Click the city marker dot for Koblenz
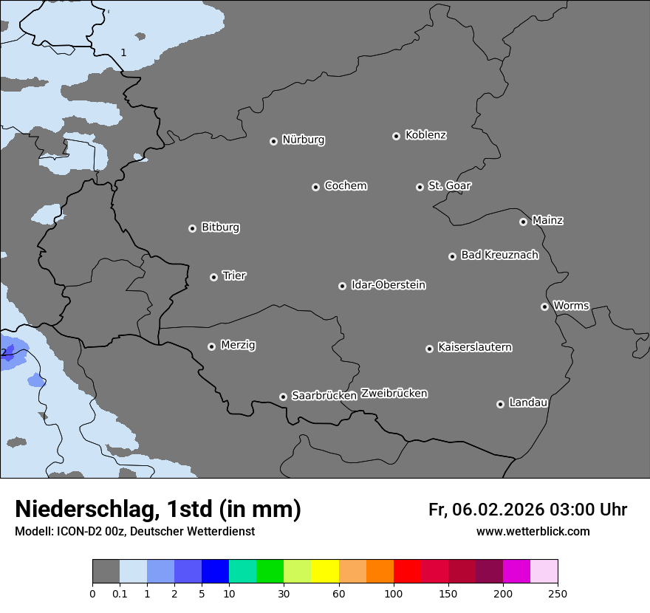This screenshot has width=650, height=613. coord(396,136)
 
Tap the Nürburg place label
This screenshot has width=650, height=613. coord(304,140)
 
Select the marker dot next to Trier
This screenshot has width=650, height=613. coord(213,277)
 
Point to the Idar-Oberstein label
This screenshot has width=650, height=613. coord(389,285)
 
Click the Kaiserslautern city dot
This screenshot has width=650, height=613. coord(429,349)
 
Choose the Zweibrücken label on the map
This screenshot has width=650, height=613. coord(394,394)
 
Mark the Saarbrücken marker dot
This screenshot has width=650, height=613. coord(283,397)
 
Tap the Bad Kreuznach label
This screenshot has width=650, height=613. coord(499,255)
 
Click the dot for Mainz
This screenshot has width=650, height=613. coord(523,222)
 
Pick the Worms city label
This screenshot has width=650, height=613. coord(571,306)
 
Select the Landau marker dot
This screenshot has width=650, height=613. coord(500,404)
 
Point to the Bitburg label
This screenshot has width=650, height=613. coord(220,227)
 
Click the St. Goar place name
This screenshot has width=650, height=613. coord(449,186)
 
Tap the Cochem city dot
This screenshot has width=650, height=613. coord(315,187)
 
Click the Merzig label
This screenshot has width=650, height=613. coord(238,345)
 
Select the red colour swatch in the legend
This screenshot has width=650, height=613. coord(407,572)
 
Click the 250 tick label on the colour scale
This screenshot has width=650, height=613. coord(558,593)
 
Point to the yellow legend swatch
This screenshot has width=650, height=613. coord(325,572)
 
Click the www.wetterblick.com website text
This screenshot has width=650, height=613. coord(533,531)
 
